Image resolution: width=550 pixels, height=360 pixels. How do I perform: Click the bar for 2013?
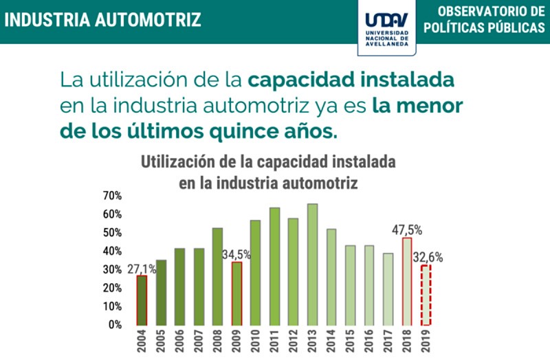tap(312, 265)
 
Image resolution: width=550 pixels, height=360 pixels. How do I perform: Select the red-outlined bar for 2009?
tap(236, 293)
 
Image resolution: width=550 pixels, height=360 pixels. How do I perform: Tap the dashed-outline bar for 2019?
tap(426, 295)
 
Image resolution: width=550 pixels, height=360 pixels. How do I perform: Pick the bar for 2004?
tap(142, 300)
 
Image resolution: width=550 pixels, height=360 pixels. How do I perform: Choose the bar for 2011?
tap(274, 267)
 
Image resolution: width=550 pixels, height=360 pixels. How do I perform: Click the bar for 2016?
tap(369, 285)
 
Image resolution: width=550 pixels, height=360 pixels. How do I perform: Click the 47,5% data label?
tap(407, 229)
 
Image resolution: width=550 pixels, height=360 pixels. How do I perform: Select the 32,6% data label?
tap(428, 258)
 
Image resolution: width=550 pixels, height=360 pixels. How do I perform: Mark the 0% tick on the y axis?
tap(115, 324)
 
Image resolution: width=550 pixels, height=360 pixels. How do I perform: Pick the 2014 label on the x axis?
tap(331, 341)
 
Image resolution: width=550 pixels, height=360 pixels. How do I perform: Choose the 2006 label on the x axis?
tap(179, 341)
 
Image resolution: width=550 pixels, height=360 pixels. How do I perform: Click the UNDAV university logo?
tap(387, 27)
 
